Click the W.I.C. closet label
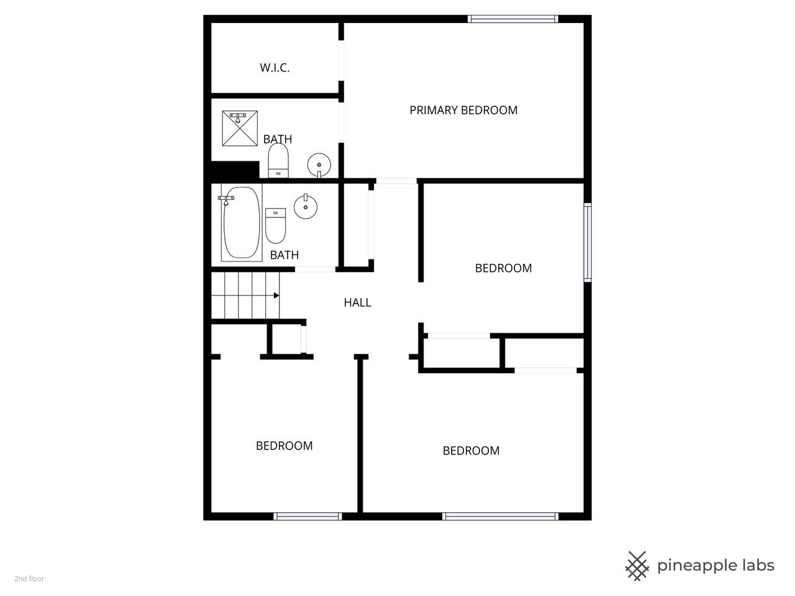(x=275, y=68)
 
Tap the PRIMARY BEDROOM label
(x=463, y=110)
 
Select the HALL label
(x=357, y=302)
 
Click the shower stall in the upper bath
(x=240, y=129)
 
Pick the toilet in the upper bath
(x=278, y=161)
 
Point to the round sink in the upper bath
(x=319, y=165)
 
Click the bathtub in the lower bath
(x=242, y=222)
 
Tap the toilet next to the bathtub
(x=276, y=225)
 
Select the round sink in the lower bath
(x=306, y=206)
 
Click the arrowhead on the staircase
(x=276, y=296)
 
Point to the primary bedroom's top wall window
(x=513, y=19)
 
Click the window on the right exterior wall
(x=588, y=242)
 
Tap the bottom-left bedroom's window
(x=307, y=517)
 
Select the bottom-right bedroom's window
(x=500, y=517)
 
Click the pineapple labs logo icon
(x=637, y=566)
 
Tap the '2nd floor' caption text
(x=29, y=579)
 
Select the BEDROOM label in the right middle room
(x=504, y=268)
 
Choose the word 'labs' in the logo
(x=759, y=565)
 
